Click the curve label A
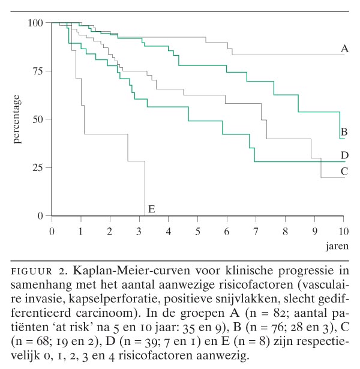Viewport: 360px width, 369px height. coord(344,49)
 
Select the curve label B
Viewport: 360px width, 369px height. coord(344,131)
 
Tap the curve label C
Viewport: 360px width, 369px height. coord(344,171)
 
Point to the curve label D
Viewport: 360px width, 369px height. coord(344,155)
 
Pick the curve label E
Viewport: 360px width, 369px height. coord(152,209)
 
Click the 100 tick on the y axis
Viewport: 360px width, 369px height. coord(35,23)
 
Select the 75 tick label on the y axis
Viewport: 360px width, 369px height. coord(38,71)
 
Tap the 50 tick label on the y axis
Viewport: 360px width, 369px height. coord(38,119)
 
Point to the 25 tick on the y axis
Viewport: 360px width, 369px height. coord(38,167)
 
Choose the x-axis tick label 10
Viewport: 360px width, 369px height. coord(343,230)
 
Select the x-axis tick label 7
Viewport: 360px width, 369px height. coord(256,230)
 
